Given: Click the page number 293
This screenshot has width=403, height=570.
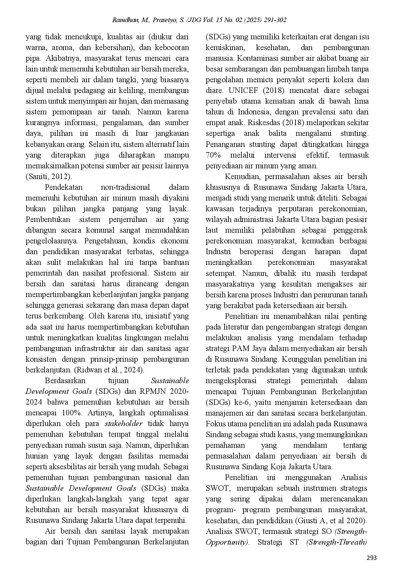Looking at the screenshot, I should (x=371, y=558).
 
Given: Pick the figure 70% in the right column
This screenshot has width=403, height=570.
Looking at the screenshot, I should (x=213, y=155).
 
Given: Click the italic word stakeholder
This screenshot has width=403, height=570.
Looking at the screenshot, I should (x=123, y=423).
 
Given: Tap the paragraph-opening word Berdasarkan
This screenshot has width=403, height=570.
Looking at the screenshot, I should (x=65, y=381).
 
